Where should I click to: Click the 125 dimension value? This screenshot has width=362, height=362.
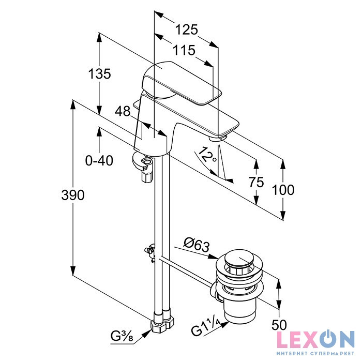(186, 29)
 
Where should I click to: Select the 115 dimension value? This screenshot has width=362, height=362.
(184, 50)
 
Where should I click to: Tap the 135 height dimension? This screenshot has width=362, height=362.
(99, 74)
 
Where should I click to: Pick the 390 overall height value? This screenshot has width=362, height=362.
(73, 195)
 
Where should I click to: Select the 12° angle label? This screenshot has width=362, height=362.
(208, 155)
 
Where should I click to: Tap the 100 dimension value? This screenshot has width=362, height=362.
(283, 189)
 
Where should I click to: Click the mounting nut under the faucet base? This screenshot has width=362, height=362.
(145, 165)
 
